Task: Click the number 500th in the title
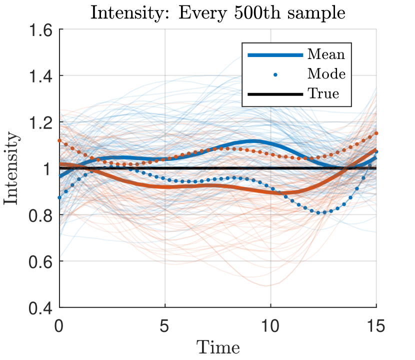click(x=250, y=12)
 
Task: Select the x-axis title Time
click(x=217, y=346)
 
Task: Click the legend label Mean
click(x=326, y=54)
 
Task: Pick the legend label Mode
click(x=326, y=74)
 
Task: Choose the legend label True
click(x=323, y=93)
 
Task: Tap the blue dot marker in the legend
click(x=275, y=74)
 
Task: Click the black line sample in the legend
click(x=275, y=94)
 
